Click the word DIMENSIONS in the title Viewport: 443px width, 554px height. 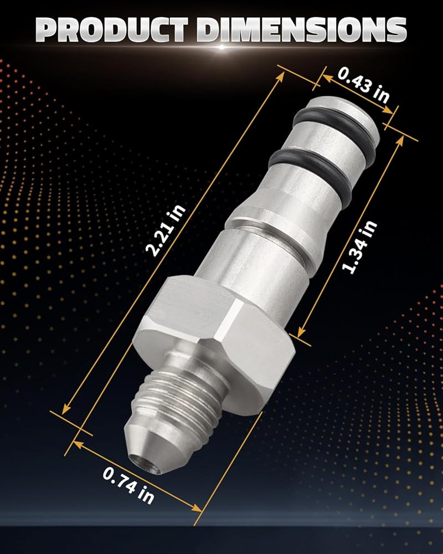[x=302, y=29]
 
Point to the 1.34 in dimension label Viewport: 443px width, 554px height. [x=359, y=247]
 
